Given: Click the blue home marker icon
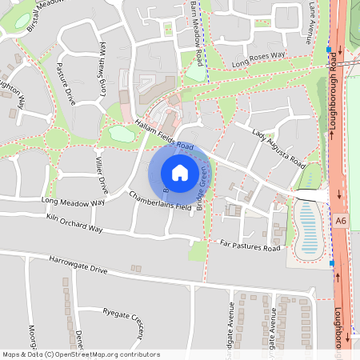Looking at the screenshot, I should tap(179, 173).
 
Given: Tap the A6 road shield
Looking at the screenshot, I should tap(342, 220).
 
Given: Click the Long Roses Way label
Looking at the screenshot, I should tap(257, 58).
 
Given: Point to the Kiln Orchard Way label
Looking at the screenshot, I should tap(74, 223).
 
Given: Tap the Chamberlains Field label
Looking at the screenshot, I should tap(160, 201).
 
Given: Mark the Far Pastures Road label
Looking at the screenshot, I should tap(250, 246).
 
